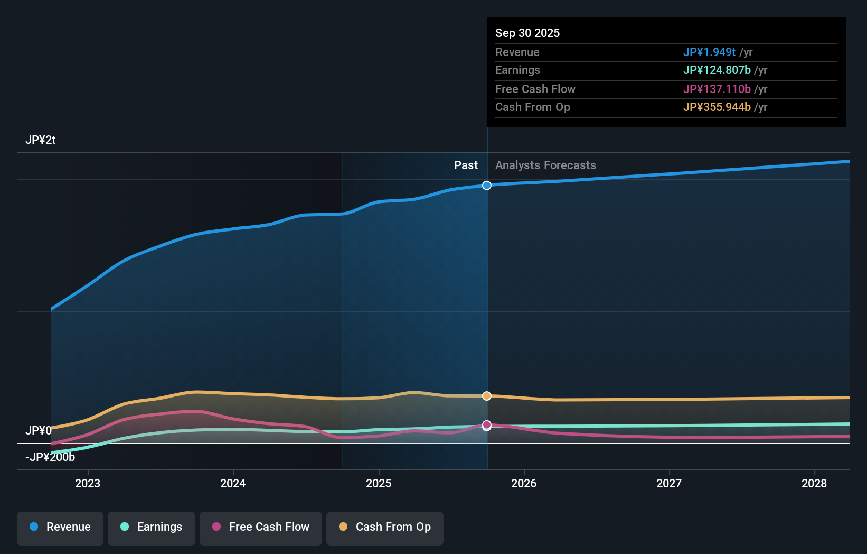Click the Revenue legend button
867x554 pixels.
click(x=60, y=527)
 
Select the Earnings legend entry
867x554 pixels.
click(x=152, y=527)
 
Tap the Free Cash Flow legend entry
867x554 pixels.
click(x=261, y=527)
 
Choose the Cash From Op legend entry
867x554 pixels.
click(x=385, y=527)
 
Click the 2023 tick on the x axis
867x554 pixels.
click(x=88, y=483)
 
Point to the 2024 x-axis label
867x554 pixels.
click(x=233, y=483)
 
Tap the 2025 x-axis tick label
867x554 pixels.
click(x=379, y=483)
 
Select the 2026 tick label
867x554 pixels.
click(x=524, y=483)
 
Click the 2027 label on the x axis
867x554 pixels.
click(x=669, y=483)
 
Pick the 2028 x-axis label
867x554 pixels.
click(x=814, y=483)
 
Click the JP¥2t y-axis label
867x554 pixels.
click(x=41, y=140)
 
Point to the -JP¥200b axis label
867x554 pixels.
click(x=50, y=457)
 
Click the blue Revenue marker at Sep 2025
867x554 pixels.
click(x=487, y=186)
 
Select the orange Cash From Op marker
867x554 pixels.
click(x=487, y=396)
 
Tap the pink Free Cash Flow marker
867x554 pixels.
click(x=487, y=425)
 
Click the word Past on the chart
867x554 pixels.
click(x=466, y=165)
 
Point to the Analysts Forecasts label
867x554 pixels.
click(x=545, y=165)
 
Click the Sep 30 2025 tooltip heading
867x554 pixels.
click(x=527, y=33)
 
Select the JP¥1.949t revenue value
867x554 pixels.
click(x=709, y=52)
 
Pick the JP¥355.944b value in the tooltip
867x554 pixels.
click(x=717, y=107)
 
